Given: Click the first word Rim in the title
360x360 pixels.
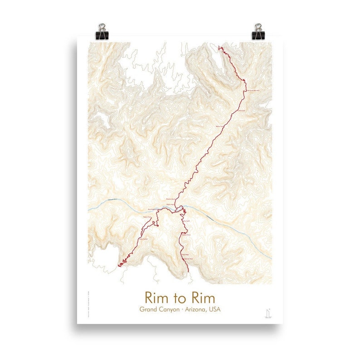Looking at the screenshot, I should pyautogui.click(x=155, y=298).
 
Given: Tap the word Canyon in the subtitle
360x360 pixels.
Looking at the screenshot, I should pyautogui.click(x=175, y=311).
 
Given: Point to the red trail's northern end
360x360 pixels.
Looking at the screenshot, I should pyautogui.click(x=220, y=47).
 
